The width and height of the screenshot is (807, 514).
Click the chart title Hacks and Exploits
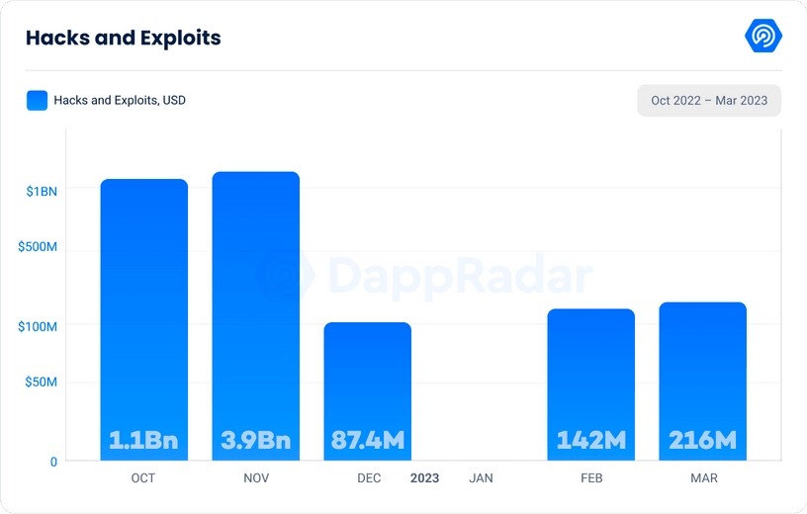click(123, 39)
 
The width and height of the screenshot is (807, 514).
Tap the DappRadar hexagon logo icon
click(763, 37)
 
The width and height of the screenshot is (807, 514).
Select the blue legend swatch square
click(37, 100)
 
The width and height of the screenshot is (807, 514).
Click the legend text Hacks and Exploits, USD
click(121, 101)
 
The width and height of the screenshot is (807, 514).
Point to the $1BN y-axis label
click(42, 191)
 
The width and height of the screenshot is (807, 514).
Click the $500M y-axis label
click(38, 246)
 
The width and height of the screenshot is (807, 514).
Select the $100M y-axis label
click(38, 326)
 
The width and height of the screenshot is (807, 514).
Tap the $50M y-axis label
click(41, 382)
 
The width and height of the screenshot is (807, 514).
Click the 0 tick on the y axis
click(53, 461)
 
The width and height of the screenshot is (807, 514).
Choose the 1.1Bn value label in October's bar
click(143, 440)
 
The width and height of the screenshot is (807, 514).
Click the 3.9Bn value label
click(255, 440)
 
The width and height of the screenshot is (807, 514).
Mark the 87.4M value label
click(367, 440)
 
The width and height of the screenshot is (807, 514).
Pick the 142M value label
click(590, 440)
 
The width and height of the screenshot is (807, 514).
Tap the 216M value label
click(702, 440)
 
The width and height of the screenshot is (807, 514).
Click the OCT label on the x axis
click(143, 478)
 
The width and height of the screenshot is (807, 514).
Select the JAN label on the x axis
click(481, 478)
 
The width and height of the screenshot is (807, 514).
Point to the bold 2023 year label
click(425, 478)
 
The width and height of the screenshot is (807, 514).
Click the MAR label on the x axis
click(704, 478)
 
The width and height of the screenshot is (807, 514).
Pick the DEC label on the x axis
click(368, 478)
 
